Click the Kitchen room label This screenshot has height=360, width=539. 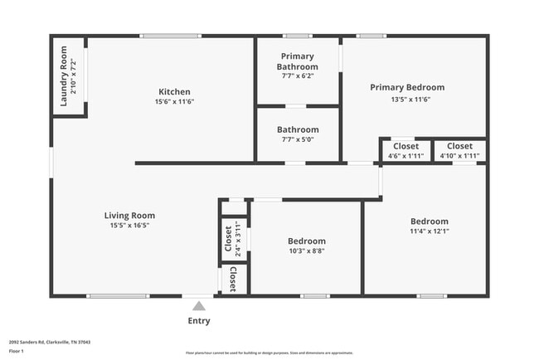pyautogui.click(x=174, y=92)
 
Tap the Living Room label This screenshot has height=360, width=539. pyautogui.click(x=129, y=216)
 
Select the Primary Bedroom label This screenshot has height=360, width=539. pyautogui.click(x=406, y=87)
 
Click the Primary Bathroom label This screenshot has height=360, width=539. pyautogui.click(x=298, y=62)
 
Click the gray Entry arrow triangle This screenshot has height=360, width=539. pyautogui.click(x=198, y=306)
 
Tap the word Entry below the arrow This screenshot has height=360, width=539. pyautogui.click(x=199, y=321)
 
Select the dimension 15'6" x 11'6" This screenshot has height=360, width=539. pyautogui.click(x=174, y=102)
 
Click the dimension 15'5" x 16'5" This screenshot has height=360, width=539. pyautogui.click(x=129, y=226)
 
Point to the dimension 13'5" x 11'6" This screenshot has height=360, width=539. pyautogui.click(x=406, y=100)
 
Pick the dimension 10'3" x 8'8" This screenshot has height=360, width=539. pyautogui.click(x=306, y=251)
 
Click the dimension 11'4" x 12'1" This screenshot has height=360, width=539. pyautogui.click(x=430, y=231)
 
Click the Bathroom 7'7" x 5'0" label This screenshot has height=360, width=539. pyautogui.click(x=298, y=134)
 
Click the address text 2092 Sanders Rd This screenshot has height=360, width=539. pyautogui.click(x=50, y=341)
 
